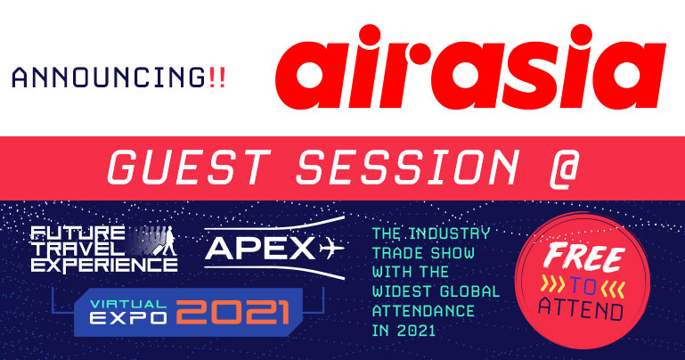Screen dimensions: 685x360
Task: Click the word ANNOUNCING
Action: click(109, 78)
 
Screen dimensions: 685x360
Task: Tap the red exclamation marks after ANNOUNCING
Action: click(217, 78)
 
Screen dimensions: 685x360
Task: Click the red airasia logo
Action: click(470, 67)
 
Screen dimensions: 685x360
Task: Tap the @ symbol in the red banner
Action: click(564, 169)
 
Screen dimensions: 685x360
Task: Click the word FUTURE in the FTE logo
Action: click(77, 233)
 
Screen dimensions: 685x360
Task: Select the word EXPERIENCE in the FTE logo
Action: click(104, 266)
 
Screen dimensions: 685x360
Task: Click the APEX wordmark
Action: click(260, 248)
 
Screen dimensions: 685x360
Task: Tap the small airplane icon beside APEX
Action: click(331, 249)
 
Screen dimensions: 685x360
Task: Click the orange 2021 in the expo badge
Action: click(233, 312)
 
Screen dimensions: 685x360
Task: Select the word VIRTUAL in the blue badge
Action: click(128, 304)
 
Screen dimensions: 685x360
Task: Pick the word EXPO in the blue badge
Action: click(128, 318)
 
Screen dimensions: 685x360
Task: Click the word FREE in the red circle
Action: click(584, 258)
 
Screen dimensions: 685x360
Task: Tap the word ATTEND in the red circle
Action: click(581, 308)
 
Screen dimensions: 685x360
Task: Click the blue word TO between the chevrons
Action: click(583, 286)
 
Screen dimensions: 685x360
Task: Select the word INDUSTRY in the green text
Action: click(449, 233)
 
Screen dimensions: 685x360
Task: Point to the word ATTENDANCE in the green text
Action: click(423, 311)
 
